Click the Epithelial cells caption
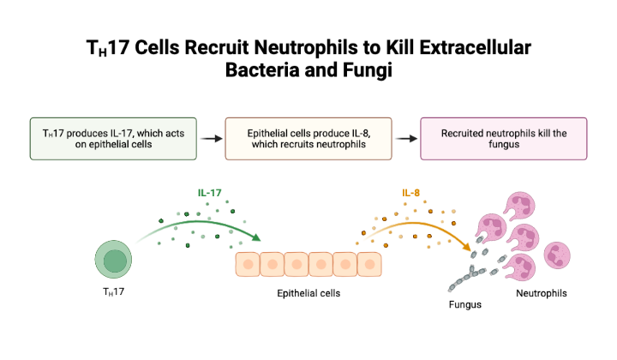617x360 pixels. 308,293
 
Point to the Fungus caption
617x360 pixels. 465,304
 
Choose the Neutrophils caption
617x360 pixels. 541,293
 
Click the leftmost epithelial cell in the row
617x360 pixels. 248,264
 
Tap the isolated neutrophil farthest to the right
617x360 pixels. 557,255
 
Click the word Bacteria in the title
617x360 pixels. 262,70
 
